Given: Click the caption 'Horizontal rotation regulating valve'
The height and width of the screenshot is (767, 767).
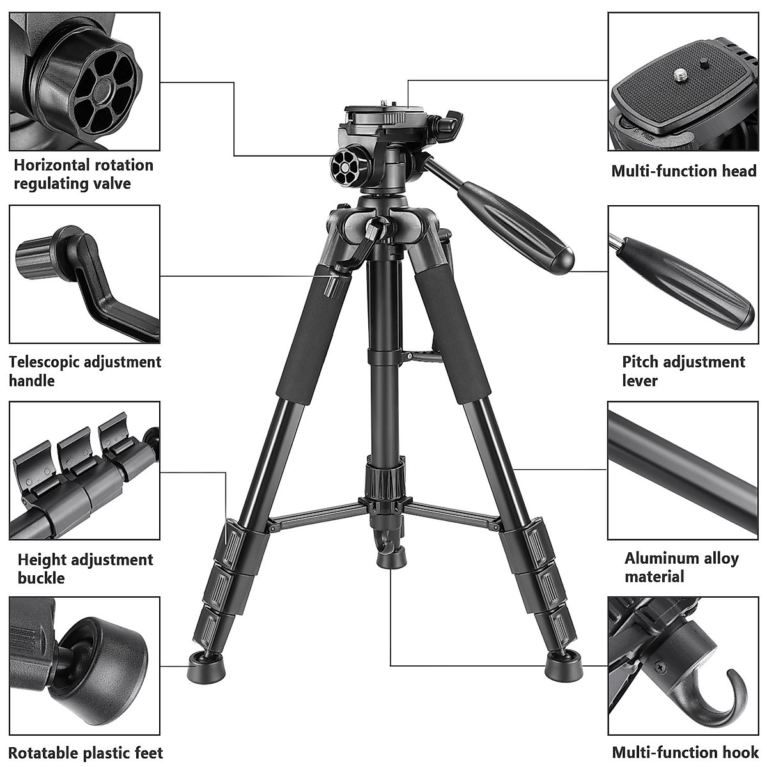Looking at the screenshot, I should pyautogui.click(x=84, y=174).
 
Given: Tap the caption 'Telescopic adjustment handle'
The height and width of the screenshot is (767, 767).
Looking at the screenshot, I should pyautogui.click(x=85, y=371).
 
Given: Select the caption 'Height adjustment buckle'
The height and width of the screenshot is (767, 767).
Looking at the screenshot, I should pyautogui.click(x=85, y=569).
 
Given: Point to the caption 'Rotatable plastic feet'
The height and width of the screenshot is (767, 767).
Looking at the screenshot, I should pyautogui.click(x=86, y=753).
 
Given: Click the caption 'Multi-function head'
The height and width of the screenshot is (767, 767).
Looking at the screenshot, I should pyautogui.click(x=684, y=171).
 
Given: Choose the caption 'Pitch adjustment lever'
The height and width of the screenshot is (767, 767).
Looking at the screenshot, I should pyautogui.click(x=684, y=371).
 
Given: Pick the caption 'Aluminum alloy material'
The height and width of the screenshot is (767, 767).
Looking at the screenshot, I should pyautogui.click(x=681, y=568).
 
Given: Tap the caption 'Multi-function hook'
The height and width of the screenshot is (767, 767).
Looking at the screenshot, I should pyautogui.click(x=684, y=753).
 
